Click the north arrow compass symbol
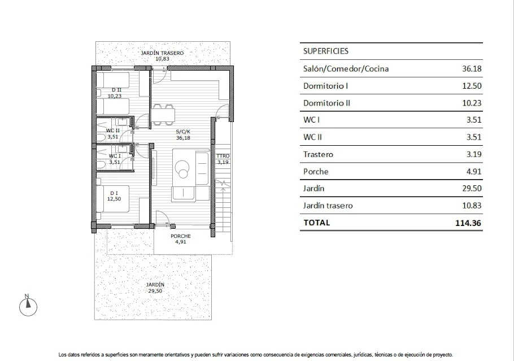(28, 306)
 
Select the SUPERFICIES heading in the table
(326, 51)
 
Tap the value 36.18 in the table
(472, 69)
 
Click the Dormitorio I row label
(325, 86)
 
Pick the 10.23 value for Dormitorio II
(472, 103)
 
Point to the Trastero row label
(319, 154)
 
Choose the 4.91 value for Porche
(474, 171)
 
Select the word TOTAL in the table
(317, 223)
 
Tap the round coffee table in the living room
(184, 167)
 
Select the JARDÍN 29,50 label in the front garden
(155, 288)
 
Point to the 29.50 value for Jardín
(472, 188)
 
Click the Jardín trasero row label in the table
(328, 206)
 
